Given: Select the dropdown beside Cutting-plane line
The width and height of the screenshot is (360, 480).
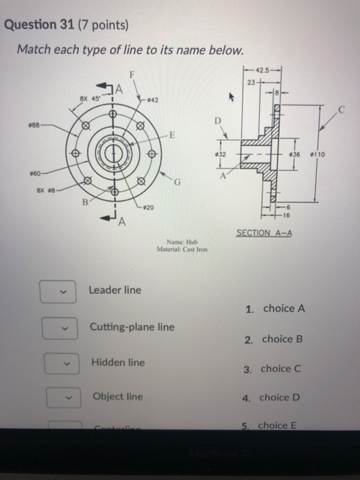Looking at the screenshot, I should (58, 328).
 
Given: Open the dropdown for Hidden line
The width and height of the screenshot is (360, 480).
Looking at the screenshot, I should (58, 363).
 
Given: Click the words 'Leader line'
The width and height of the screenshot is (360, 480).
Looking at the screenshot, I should (115, 290).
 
